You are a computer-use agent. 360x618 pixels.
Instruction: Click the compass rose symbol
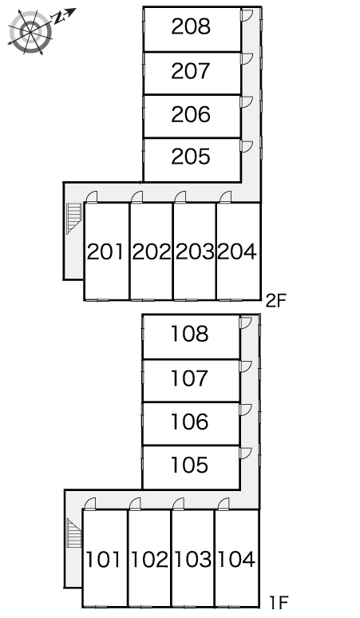[30, 31]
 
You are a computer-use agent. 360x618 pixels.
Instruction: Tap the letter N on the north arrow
[58, 18]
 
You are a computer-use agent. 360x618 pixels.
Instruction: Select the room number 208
[191, 27]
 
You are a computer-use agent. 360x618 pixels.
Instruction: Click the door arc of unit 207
[247, 59]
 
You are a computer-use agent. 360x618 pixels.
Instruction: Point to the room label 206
[191, 114]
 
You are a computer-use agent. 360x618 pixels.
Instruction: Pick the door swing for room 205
[247, 146]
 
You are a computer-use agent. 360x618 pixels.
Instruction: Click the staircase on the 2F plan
[73, 218]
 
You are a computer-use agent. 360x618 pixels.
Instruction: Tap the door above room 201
[91, 197]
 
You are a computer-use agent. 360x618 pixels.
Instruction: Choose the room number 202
[152, 252]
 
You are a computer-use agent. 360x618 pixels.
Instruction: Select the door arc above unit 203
[180, 197]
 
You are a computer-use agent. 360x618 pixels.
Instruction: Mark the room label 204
[237, 252]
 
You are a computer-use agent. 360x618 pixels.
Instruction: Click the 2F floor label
[275, 301]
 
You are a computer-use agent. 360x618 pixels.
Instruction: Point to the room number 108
[189, 334]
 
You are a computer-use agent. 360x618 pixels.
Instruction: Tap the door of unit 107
[245, 366]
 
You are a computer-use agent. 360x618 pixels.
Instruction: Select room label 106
[189, 422]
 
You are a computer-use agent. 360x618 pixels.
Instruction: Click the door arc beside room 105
[245, 454]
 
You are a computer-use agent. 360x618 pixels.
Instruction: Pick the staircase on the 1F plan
[74, 533]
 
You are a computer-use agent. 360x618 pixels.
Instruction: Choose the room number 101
[103, 560]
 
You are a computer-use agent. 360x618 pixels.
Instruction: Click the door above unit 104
[224, 504]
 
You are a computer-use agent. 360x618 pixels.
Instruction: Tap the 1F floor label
[279, 603]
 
